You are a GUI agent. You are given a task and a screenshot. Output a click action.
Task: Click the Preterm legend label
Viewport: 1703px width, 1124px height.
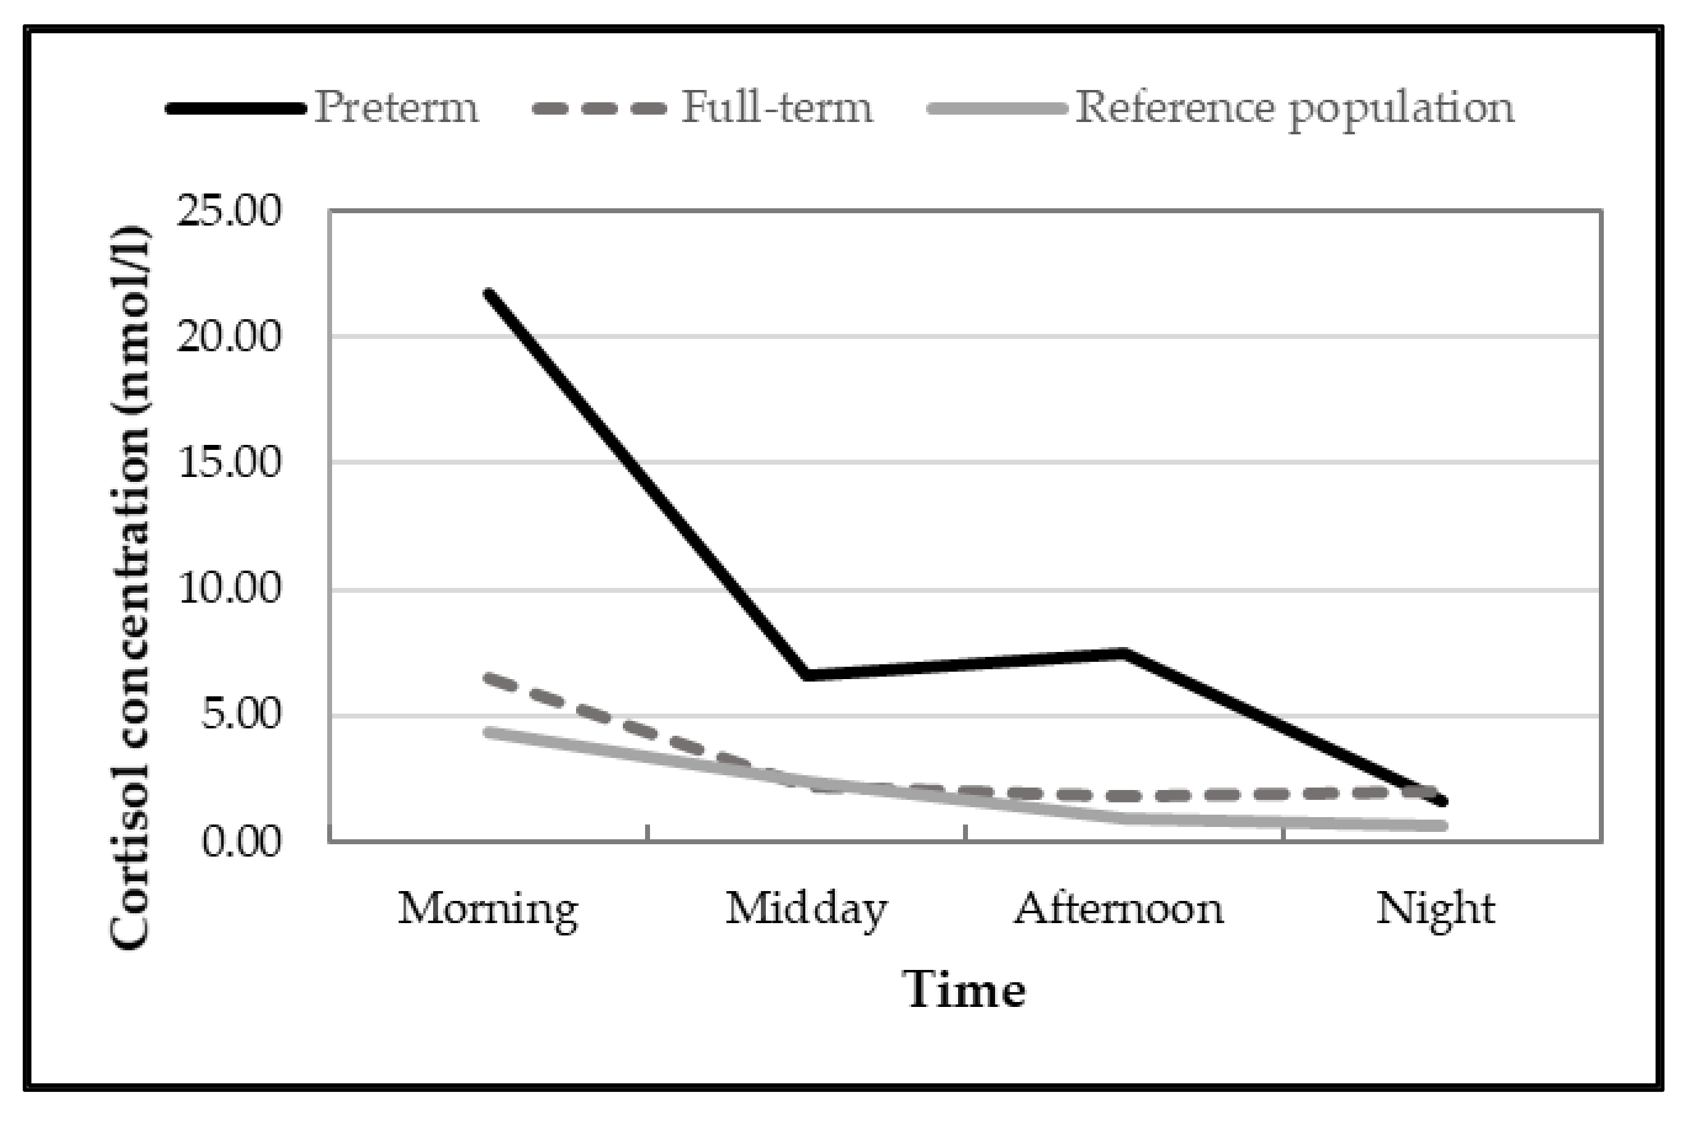(x=396, y=107)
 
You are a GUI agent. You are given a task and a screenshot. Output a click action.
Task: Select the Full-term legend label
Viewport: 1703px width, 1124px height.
(x=777, y=107)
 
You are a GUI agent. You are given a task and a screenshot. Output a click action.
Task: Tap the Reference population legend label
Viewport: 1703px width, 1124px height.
(x=1295, y=109)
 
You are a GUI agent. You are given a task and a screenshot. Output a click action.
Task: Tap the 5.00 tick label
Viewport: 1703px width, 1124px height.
(x=240, y=715)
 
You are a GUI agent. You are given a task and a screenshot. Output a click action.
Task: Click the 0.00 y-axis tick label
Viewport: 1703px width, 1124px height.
(x=240, y=842)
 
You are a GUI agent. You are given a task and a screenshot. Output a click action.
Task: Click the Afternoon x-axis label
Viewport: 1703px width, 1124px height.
(x=1119, y=909)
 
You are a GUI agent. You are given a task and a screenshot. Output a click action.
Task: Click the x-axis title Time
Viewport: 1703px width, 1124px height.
(x=964, y=991)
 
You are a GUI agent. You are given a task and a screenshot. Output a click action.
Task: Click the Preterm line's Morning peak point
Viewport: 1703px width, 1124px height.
(x=489, y=293)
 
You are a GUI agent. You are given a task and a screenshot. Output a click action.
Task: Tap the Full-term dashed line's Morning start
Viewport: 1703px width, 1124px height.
(x=489, y=677)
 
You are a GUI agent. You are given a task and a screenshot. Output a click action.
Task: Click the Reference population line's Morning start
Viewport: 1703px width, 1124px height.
(x=489, y=733)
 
